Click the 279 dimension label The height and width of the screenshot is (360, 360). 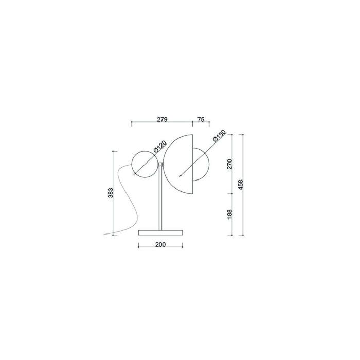[x=163, y=119]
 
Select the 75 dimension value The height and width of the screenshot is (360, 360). [x=201, y=119]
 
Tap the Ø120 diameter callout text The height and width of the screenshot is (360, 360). [x=160, y=147]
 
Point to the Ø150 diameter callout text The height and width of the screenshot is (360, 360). [x=219, y=136]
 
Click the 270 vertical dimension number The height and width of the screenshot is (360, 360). [x=230, y=164]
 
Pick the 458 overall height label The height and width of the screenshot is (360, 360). [x=241, y=185]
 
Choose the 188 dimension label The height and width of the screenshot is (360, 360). [x=230, y=214]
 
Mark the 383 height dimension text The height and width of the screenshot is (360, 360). [x=111, y=193]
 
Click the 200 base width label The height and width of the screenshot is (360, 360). [x=160, y=245]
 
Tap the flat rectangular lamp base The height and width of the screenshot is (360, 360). [x=160, y=233]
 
